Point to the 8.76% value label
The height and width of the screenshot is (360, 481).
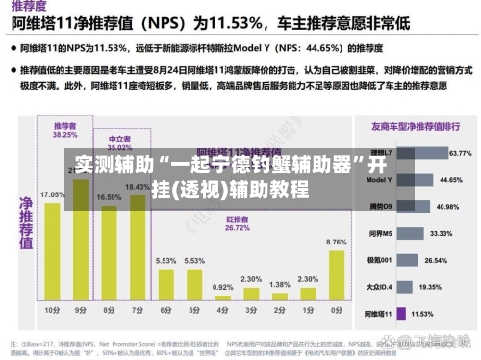[x=337, y=242]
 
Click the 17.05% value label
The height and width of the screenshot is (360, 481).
[x=52, y=194]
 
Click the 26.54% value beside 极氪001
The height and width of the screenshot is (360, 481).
[x=436, y=260]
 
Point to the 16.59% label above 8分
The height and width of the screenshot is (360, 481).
[x=109, y=197]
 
